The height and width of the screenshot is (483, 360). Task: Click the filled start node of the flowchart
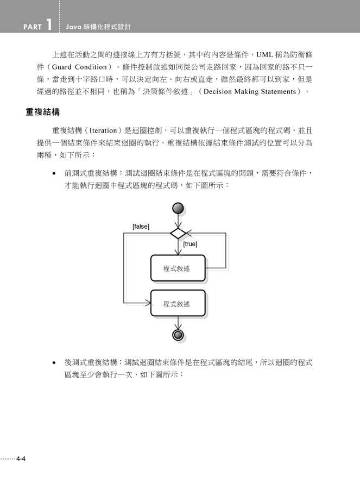click(178, 208)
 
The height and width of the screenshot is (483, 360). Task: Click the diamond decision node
click(178, 233)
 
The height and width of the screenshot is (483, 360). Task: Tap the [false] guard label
click(141, 227)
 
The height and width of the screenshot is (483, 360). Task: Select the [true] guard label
click(190, 244)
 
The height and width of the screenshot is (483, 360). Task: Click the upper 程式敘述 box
click(178, 268)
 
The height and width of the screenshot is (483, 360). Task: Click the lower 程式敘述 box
click(178, 303)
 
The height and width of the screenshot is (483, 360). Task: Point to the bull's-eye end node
click(178, 335)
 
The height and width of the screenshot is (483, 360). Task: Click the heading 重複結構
click(43, 112)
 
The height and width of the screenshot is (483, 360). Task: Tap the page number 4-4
click(21, 459)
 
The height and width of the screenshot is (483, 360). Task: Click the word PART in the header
click(33, 27)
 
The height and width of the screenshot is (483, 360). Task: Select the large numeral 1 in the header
click(49, 24)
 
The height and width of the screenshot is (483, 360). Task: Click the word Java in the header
click(73, 27)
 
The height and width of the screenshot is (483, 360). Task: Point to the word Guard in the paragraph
click(61, 67)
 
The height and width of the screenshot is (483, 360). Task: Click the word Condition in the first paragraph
click(91, 67)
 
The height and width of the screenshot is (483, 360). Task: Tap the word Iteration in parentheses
click(103, 130)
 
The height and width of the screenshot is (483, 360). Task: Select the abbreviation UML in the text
click(264, 55)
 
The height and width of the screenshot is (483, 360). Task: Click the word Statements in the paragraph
click(279, 91)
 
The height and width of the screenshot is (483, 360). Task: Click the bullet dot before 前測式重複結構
click(54, 173)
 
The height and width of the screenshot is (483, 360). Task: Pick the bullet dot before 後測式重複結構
click(54, 363)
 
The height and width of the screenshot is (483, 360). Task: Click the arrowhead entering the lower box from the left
click(148, 303)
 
